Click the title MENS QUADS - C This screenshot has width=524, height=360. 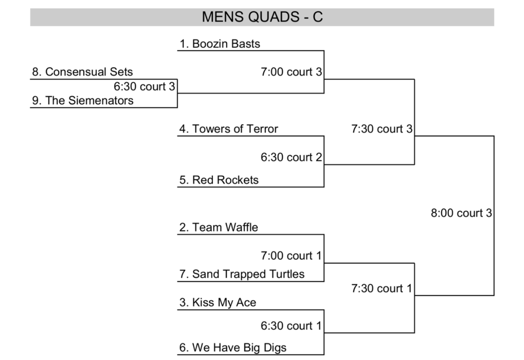click(262, 17)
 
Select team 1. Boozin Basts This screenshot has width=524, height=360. click(220, 44)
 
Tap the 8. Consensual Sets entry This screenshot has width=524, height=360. click(82, 72)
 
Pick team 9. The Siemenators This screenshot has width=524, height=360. click(82, 101)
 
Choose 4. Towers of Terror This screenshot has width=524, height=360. click(228, 129)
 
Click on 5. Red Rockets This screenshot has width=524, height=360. click(219, 180)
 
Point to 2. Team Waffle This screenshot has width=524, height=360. click(219, 228)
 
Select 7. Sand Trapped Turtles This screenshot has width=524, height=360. click(242, 274)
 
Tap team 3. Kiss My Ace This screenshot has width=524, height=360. click(217, 303)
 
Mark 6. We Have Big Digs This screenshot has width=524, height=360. click(233, 348)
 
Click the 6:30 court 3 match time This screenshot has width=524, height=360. click(144, 86)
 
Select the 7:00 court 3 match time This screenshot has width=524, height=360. click(291, 72)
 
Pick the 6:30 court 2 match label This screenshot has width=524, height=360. click(291, 157)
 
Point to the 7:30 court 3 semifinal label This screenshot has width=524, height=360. click(381, 129)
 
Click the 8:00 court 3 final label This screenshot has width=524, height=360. click(461, 213)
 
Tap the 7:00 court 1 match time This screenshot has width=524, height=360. click(291, 256)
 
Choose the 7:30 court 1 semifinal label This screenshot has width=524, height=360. click(381, 289)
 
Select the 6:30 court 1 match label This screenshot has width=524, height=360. click(291, 326)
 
